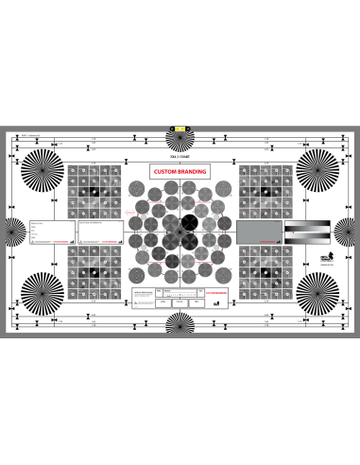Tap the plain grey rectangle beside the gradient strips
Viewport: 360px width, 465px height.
click(257, 232)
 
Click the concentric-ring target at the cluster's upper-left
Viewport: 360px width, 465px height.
click(137, 189)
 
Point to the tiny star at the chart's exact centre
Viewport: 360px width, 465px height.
click(180, 231)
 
